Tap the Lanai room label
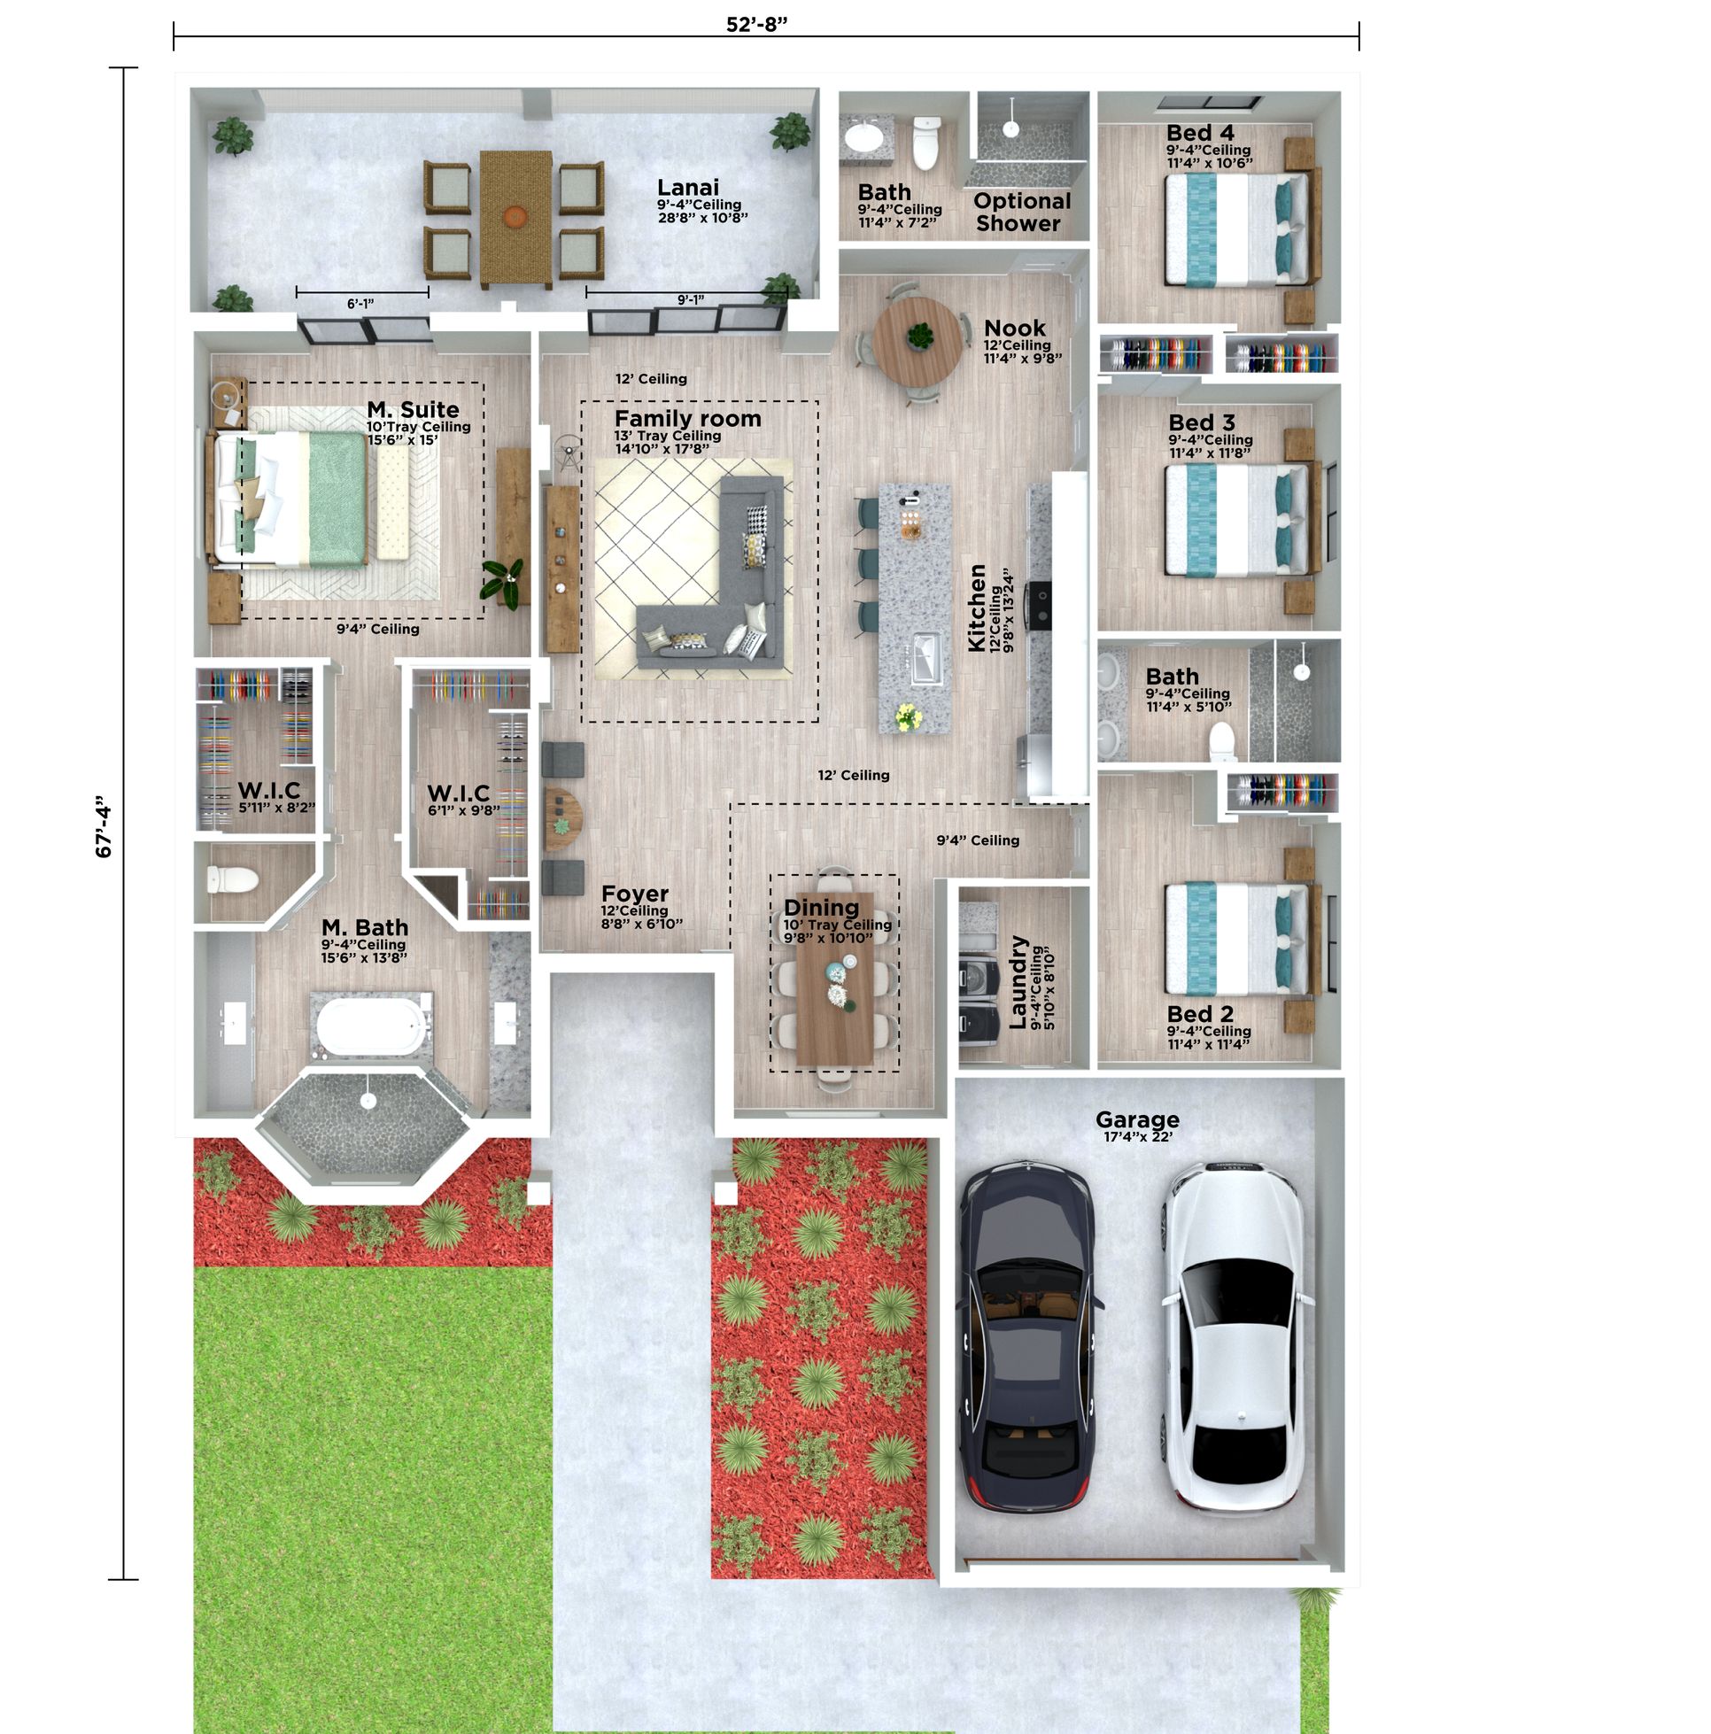pos(687,188)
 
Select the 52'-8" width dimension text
pos(756,24)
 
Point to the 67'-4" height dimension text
pos(105,825)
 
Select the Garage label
pos(1136,1119)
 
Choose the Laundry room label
pos(1018,982)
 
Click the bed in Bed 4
pos(1236,228)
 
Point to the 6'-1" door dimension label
pos(360,305)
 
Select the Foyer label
pos(635,894)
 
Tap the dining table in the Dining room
pos(835,979)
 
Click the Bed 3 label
pos(1201,422)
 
